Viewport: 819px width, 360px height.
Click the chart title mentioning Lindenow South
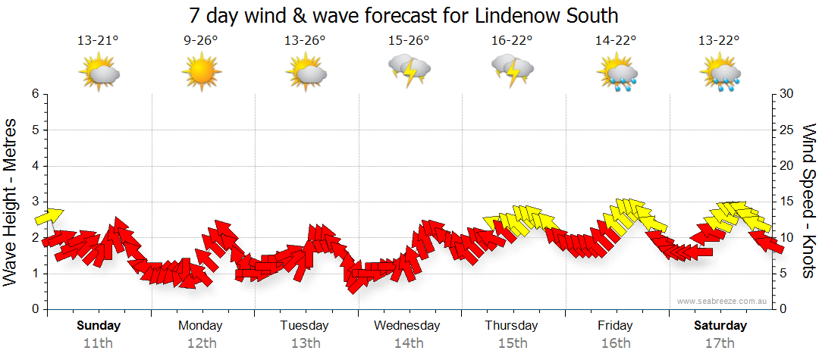[x=403, y=15]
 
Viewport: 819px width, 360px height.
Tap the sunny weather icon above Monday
[x=201, y=74]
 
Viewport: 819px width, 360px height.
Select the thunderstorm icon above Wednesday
[x=409, y=71]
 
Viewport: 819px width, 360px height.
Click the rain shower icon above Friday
[x=617, y=74]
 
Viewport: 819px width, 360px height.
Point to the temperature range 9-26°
[x=201, y=41]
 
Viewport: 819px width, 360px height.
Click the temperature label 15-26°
[x=409, y=41]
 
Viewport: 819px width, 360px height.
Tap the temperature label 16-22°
[x=512, y=41]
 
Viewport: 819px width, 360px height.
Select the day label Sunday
[x=98, y=326]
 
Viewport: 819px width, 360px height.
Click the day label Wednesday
[x=407, y=326]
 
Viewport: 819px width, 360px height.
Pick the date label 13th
[x=304, y=343]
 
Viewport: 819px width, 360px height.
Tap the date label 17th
[x=721, y=343]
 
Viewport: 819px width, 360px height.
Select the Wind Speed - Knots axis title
[x=808, y=201]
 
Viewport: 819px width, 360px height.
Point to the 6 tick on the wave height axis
[x=34, y=94]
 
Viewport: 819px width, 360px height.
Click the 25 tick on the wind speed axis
[x=787, y=130]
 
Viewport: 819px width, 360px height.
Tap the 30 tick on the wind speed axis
[x=787, y=94]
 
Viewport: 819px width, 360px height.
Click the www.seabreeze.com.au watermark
[x=723, y=302]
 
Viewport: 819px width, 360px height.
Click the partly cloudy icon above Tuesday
[x=306, y=74]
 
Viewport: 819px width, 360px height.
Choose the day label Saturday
[x=720, y=326]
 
